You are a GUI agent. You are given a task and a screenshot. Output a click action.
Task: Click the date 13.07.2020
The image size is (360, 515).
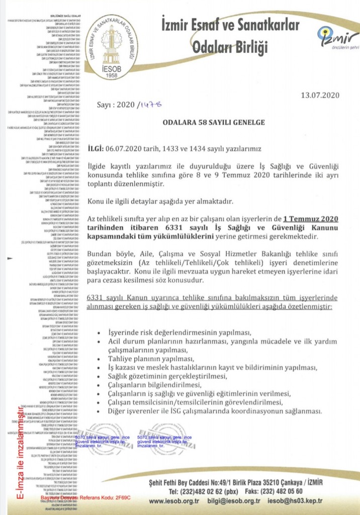pyautogui.click(x=320, y=95)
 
